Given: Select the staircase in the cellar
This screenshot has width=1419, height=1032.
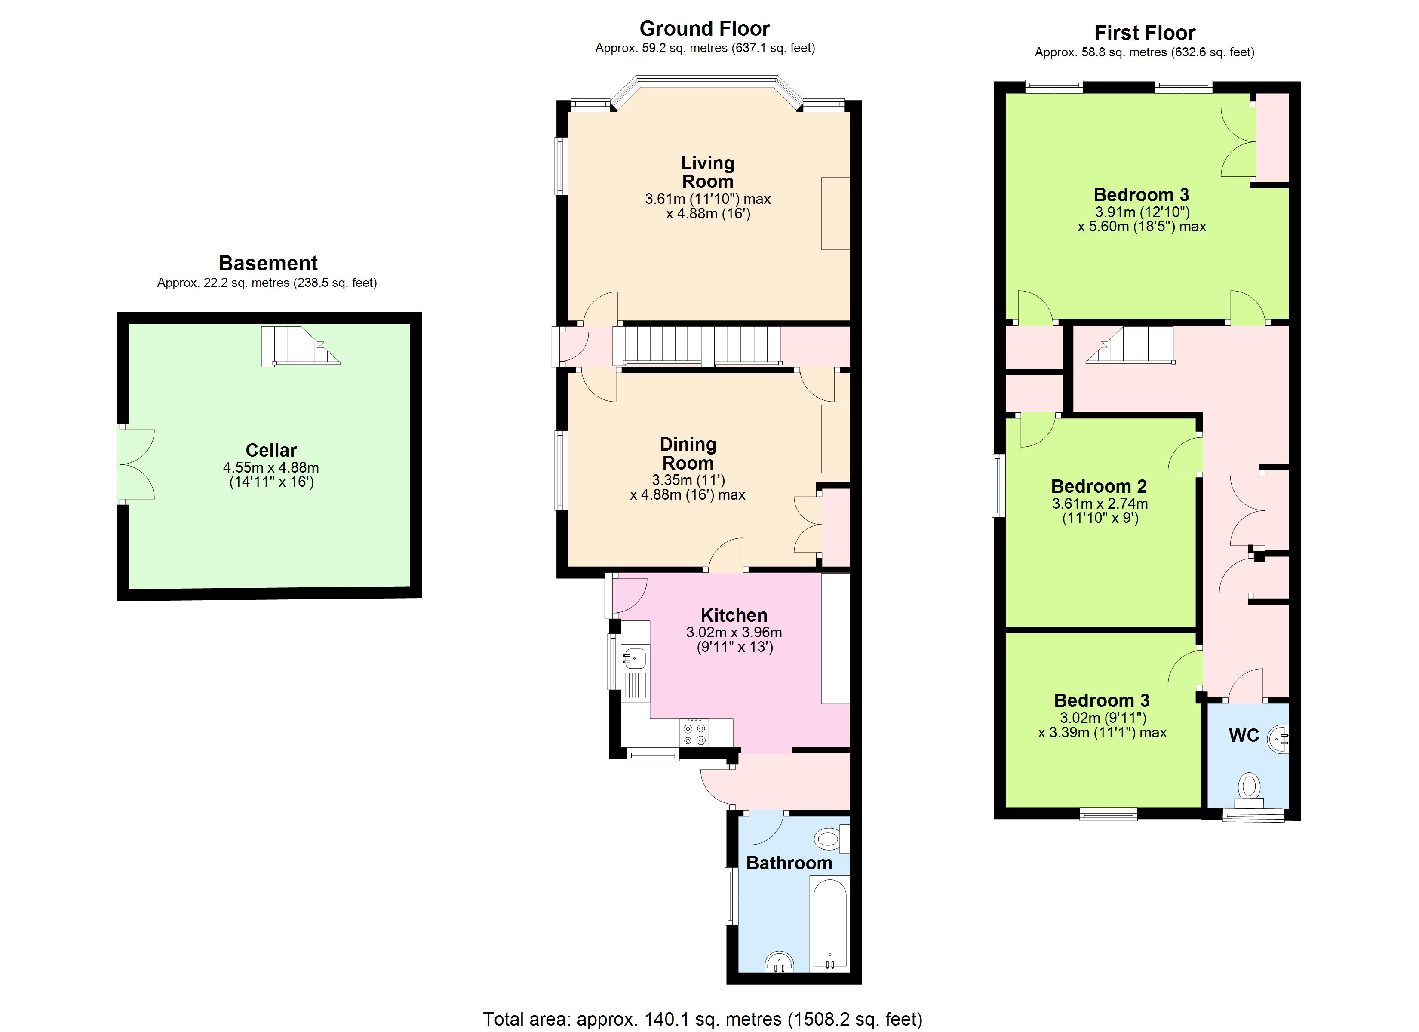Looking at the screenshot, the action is pyautogui.click(x=300, y=346).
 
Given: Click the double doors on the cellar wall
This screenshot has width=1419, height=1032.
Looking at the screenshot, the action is pyautogui.click(x=136, y=464).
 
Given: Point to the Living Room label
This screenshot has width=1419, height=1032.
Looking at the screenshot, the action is pyautogui.click(x=708, y=172).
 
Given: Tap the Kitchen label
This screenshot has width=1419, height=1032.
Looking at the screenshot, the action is pyautogui.click(x=734, y=615).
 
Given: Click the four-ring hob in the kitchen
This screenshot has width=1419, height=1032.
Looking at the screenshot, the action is pyautogui.click(x=695, y=732).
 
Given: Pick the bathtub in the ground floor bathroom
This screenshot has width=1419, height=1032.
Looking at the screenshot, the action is pyautogui.click(x=829, y=923).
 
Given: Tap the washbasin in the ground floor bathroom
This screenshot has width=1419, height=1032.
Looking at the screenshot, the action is pyautogui.click(x=779, y=962).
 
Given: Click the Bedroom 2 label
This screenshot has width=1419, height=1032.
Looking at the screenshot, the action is pyautogui.click(x=1099, y=486).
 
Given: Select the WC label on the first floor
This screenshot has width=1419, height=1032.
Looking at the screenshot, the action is pyautogui.click(x=1244, y=735).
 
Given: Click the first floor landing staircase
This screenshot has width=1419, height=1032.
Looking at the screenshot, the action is pyautogui.click(x=1130, y=345).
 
